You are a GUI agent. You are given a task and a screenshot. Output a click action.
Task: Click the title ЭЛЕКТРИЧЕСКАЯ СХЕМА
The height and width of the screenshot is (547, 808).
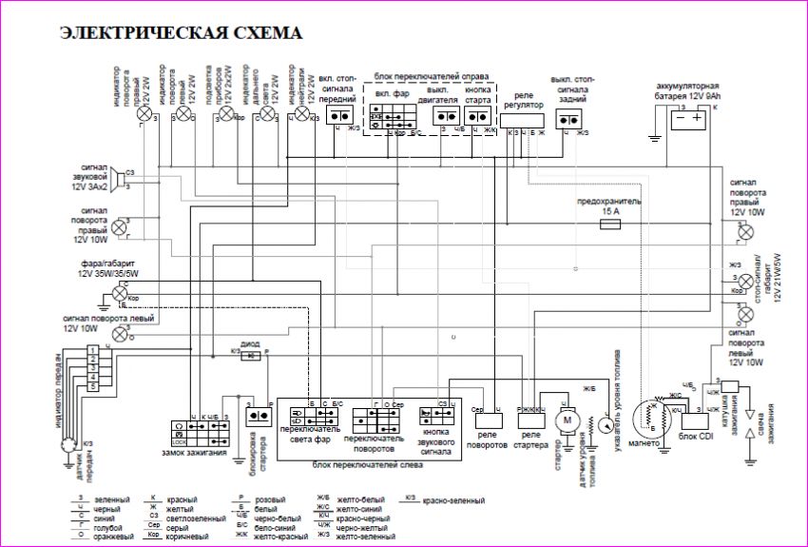click(x=181, y=33)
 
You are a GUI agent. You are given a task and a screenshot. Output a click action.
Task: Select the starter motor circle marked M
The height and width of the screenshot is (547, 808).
click(x=568, y=420)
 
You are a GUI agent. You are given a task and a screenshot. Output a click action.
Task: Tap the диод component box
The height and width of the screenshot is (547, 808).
click(x=251, y=356)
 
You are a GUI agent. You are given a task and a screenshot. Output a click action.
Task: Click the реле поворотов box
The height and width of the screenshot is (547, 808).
click(x=487, y=418)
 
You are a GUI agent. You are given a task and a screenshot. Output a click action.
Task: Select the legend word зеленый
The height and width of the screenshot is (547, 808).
click(x=112, y=499)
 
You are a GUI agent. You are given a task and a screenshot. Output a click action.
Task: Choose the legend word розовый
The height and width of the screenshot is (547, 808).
click(x=260, y=499)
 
